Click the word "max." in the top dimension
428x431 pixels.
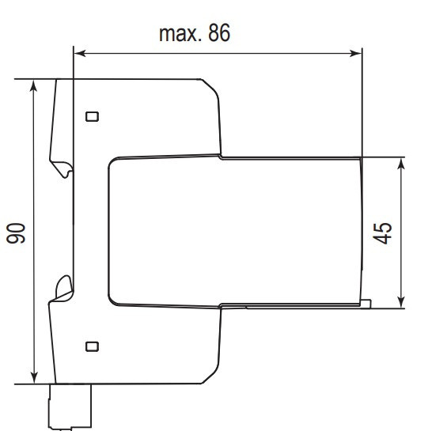[x=180, y=34]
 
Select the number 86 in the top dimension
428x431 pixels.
[x=219, y=34]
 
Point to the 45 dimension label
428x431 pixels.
[x=383, y=233]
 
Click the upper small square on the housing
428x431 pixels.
[x=93, y=116]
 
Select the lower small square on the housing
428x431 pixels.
[x=93, y=346]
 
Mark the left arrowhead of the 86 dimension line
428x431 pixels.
[x=78, y=54]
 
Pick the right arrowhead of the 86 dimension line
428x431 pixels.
[x=357, y=54]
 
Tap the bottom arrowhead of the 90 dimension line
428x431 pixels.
[x=33, y=379]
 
